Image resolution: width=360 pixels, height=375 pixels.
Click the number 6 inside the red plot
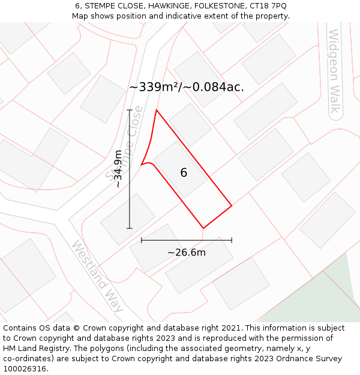tap(184, 173)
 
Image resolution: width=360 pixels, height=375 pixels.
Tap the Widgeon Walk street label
tap(334, 71)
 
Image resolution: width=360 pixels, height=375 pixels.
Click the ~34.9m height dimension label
tap(118, 169)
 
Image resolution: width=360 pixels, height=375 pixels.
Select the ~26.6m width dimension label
tap(187, 253)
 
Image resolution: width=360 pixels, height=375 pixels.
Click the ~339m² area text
tap(155, 87)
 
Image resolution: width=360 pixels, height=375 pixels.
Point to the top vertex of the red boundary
tap(157, 110)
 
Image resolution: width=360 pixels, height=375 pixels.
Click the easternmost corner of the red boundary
tap(232, 206)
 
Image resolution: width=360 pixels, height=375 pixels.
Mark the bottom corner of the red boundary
tap(203, 228)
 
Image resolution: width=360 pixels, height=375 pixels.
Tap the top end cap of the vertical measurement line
tap(130, 110)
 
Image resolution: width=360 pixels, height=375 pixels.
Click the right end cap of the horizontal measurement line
tap(232, 240)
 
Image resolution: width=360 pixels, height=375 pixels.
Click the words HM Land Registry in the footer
tap(34, 349)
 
